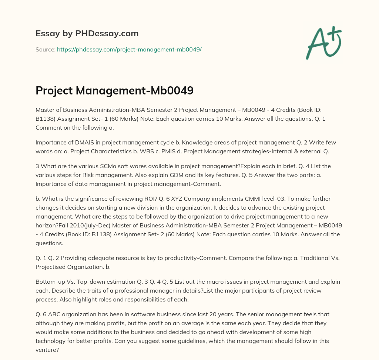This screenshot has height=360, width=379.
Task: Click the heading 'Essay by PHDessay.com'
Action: pos(87,34)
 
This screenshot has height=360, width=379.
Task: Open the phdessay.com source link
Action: pos(129,49)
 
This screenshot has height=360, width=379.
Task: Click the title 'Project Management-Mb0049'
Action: pos(114,91)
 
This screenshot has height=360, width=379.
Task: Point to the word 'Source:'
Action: pos(45,49)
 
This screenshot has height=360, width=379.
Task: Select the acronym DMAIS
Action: pos(78,142)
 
